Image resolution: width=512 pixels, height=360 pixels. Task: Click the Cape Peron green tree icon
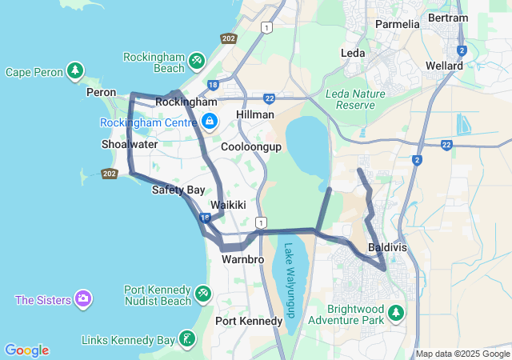coord(75,71)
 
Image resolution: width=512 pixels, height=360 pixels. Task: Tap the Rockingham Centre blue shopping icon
coord(209,122)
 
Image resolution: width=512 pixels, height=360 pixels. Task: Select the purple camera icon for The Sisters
coord(83,299)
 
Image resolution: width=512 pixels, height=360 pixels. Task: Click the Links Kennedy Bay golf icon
coord(186,339)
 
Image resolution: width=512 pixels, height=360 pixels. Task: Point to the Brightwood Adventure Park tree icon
coord(396,311)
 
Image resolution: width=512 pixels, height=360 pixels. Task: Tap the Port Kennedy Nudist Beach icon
coord(203,294)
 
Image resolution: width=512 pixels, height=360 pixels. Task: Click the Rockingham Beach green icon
coord(197,61)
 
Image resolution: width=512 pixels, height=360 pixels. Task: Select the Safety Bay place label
coord(178,190)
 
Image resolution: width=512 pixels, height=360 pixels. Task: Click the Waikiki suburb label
coord(228,206)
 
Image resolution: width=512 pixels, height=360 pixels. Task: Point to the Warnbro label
coord(242,259)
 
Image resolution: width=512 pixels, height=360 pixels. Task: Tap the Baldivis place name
coord(387,248)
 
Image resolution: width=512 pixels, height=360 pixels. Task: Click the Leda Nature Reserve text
coord(356,99)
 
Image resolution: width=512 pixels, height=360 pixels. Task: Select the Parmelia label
coord(398,24)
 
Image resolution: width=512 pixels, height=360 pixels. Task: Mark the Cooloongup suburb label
coord(251,147)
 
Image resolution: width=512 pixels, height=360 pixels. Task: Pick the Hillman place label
coord(256,115)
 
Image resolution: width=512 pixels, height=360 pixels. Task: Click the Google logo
coord(26,350)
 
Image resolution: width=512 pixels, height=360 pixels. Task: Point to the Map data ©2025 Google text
coord(462,354)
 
